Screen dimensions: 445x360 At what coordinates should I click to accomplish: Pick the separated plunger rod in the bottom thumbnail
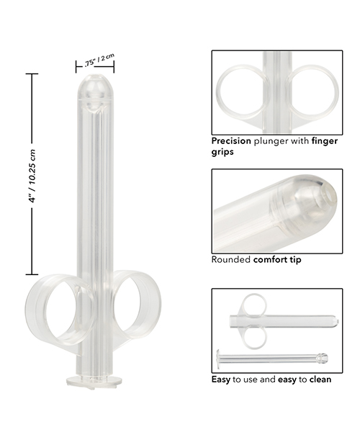274,357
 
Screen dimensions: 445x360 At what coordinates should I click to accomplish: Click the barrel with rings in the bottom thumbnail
288,319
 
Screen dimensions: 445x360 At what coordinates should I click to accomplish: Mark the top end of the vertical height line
30,74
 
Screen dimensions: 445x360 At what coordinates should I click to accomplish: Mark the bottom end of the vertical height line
30,274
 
